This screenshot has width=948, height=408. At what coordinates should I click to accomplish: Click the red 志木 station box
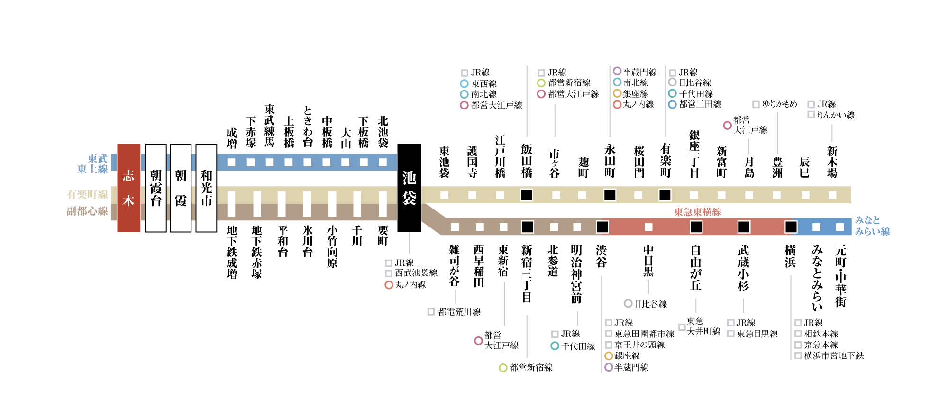click(128, 188)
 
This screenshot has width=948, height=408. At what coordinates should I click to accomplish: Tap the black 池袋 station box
click(409, 188)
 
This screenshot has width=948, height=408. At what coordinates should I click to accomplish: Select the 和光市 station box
click(206, 188)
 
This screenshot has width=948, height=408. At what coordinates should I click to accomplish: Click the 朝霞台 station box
click(156, 188)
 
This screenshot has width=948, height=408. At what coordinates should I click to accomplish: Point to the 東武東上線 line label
click(93, 164)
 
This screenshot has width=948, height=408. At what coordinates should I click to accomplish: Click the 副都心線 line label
click(87, 211)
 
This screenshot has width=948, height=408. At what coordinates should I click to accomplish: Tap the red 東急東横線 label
click(698, 212)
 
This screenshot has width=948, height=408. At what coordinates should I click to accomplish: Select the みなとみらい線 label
click(872, 226)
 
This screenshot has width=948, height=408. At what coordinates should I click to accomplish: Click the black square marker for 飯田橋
click(527, 195)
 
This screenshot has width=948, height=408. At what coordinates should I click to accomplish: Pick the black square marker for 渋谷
click(602, 227)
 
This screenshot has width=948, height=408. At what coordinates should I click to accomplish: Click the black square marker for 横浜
click(791, 227)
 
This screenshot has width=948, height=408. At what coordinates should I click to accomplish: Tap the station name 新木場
click(832, 162)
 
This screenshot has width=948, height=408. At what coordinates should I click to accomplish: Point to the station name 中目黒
click(648, 261)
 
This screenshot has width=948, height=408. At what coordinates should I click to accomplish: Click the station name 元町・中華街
click(840, 276)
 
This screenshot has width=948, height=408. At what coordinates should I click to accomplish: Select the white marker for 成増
click(231, 163)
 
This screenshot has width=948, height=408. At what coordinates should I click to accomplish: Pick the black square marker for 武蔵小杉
click(744, 227)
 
